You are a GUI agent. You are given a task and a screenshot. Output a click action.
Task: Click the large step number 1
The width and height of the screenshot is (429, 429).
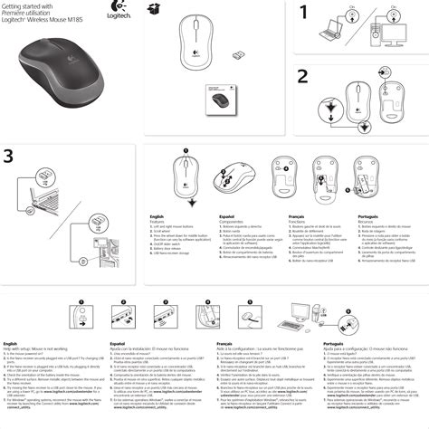(x=306, y=13)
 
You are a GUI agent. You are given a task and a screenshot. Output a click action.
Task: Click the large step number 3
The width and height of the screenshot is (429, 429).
(x=9, y=157)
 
